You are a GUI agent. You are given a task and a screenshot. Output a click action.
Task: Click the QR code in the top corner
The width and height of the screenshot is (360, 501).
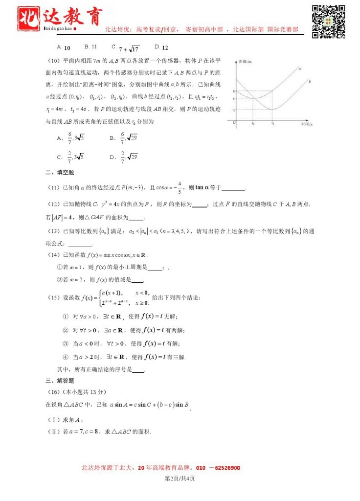point(329,21)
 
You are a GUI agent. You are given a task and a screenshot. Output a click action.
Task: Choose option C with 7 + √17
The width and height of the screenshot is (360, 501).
point(126,48)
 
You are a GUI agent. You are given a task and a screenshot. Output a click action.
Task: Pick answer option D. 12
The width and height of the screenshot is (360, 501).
point(161,47)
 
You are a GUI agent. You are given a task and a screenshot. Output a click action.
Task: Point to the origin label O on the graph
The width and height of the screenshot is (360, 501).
point(233,122)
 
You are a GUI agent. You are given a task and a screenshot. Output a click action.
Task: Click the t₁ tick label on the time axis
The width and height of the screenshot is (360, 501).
point(253,124)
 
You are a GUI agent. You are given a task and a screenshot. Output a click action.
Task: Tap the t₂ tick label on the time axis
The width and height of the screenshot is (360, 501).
point(273,124)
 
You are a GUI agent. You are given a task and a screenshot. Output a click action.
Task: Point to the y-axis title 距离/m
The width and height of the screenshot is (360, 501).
point(245,62)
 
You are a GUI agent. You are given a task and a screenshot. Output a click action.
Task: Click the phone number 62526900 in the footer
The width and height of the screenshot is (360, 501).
point(225,468)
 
